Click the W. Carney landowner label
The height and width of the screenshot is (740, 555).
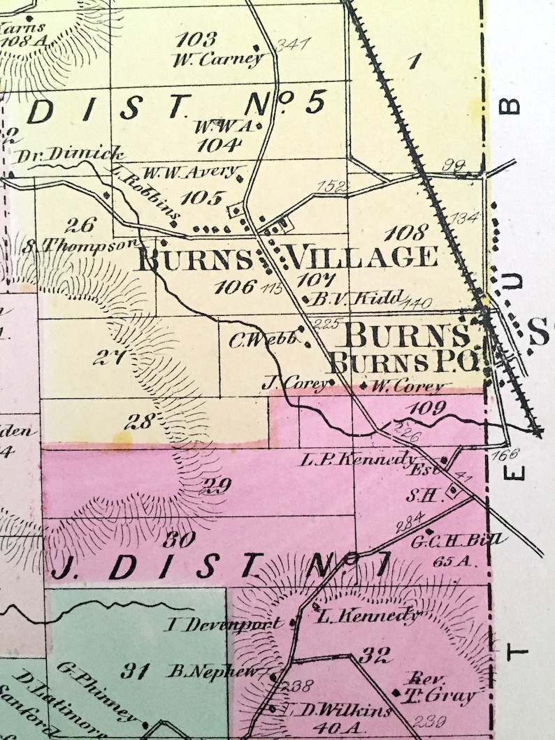[x=217, y=59]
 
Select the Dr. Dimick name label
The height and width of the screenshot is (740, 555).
[x=71, y=155]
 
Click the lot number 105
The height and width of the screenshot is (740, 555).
[x=201, y=198]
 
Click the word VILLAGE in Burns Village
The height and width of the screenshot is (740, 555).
[x=362, y=257]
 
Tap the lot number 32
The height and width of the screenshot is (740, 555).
[x=374, y=655]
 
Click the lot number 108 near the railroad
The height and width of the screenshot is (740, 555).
[x=406, y=233]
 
